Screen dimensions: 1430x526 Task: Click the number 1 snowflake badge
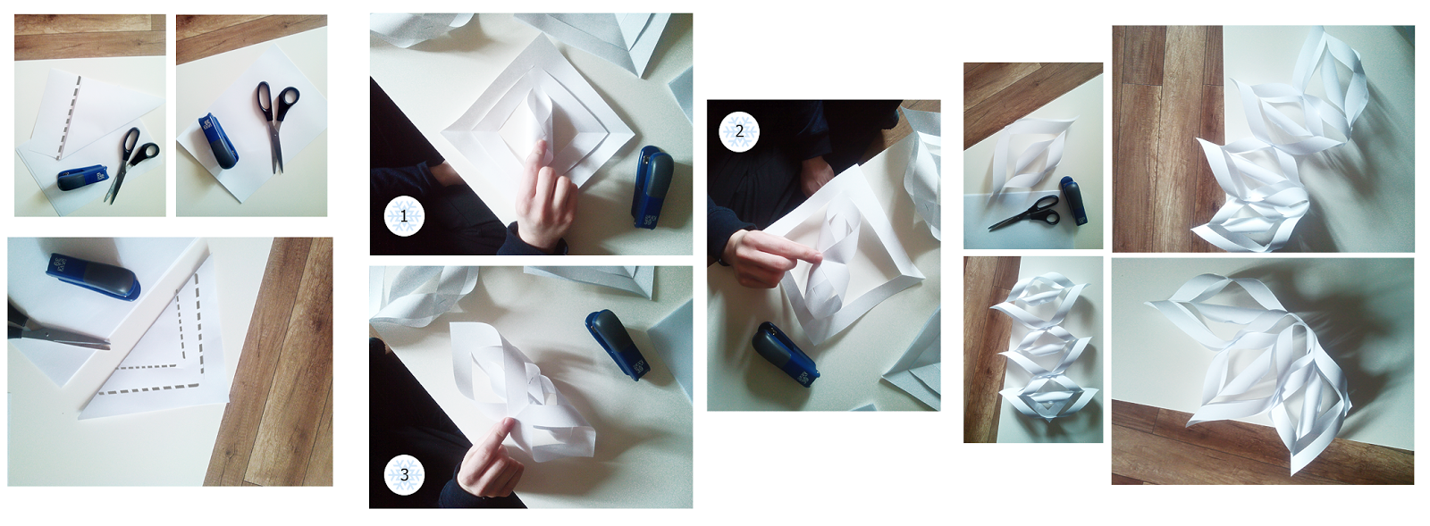(404, 217)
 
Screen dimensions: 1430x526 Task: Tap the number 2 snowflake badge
(739, 132)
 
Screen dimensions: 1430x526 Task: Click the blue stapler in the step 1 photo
(652, 186)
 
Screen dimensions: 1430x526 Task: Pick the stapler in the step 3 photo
(618, 345)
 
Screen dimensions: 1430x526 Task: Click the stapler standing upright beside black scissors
(218, 141)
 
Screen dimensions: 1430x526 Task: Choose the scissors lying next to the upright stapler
(278, 124)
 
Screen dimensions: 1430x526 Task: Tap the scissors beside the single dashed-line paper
(130, 163)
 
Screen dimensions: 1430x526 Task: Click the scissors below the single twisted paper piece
(1024, 213)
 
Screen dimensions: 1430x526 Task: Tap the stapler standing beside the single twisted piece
(1073, 200)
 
